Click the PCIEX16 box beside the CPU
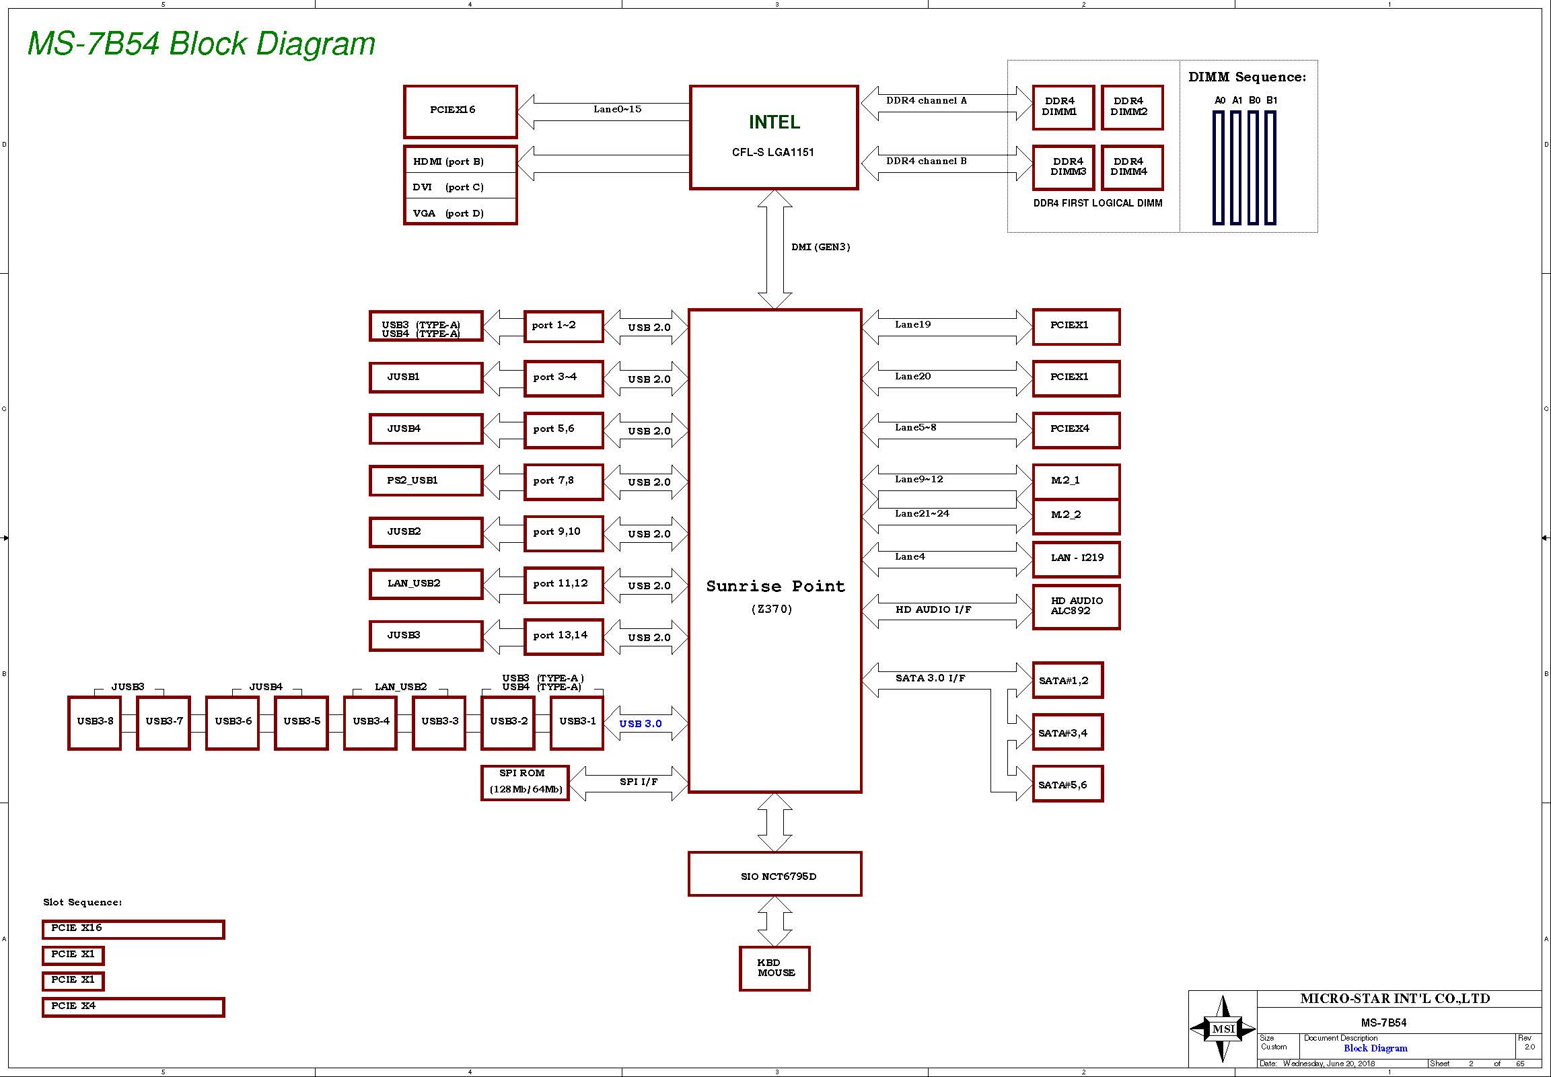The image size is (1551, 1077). tap(460, 112)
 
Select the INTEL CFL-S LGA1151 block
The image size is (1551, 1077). tap(773, 137)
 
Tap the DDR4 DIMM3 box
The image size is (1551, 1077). tap(1063, 168)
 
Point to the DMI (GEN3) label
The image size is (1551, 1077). tap(820, 247)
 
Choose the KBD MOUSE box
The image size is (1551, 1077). tap(774, 968)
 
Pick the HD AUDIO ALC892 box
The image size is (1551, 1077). tap(1076, 607)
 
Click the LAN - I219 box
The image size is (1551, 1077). tap(1076, 558)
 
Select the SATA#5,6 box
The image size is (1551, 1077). tap(1067, 784)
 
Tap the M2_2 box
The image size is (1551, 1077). tap(1076, 515)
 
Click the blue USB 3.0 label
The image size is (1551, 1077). tap(640, 724)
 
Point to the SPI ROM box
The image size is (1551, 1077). tap(524, 782)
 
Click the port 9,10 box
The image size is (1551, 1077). tap(563, 532)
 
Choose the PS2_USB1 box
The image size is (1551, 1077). tap(426, 480)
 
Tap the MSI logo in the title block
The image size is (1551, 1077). tap(1223, 1029)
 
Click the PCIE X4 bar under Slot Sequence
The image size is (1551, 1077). tap(133, 1007)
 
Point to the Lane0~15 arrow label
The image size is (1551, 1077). tap(617, 110)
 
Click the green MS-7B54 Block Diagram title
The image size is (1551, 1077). tap(201, 44)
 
